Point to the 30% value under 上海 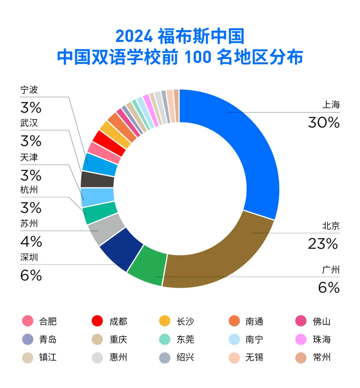pos(324,123)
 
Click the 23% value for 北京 pos(323,244)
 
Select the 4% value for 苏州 pos(31,241)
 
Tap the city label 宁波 pos(29,90)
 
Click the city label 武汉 pos(29,123)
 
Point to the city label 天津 pos(29,157)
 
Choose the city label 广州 pos(331,270)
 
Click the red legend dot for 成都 pos(97,321)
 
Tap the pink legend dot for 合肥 pos(28,321)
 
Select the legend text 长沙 pos(185,321)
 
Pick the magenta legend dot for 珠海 pos(301,339)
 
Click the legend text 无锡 pos(254,357)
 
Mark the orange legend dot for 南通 pos(234,321)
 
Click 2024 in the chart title pos(134,36)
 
